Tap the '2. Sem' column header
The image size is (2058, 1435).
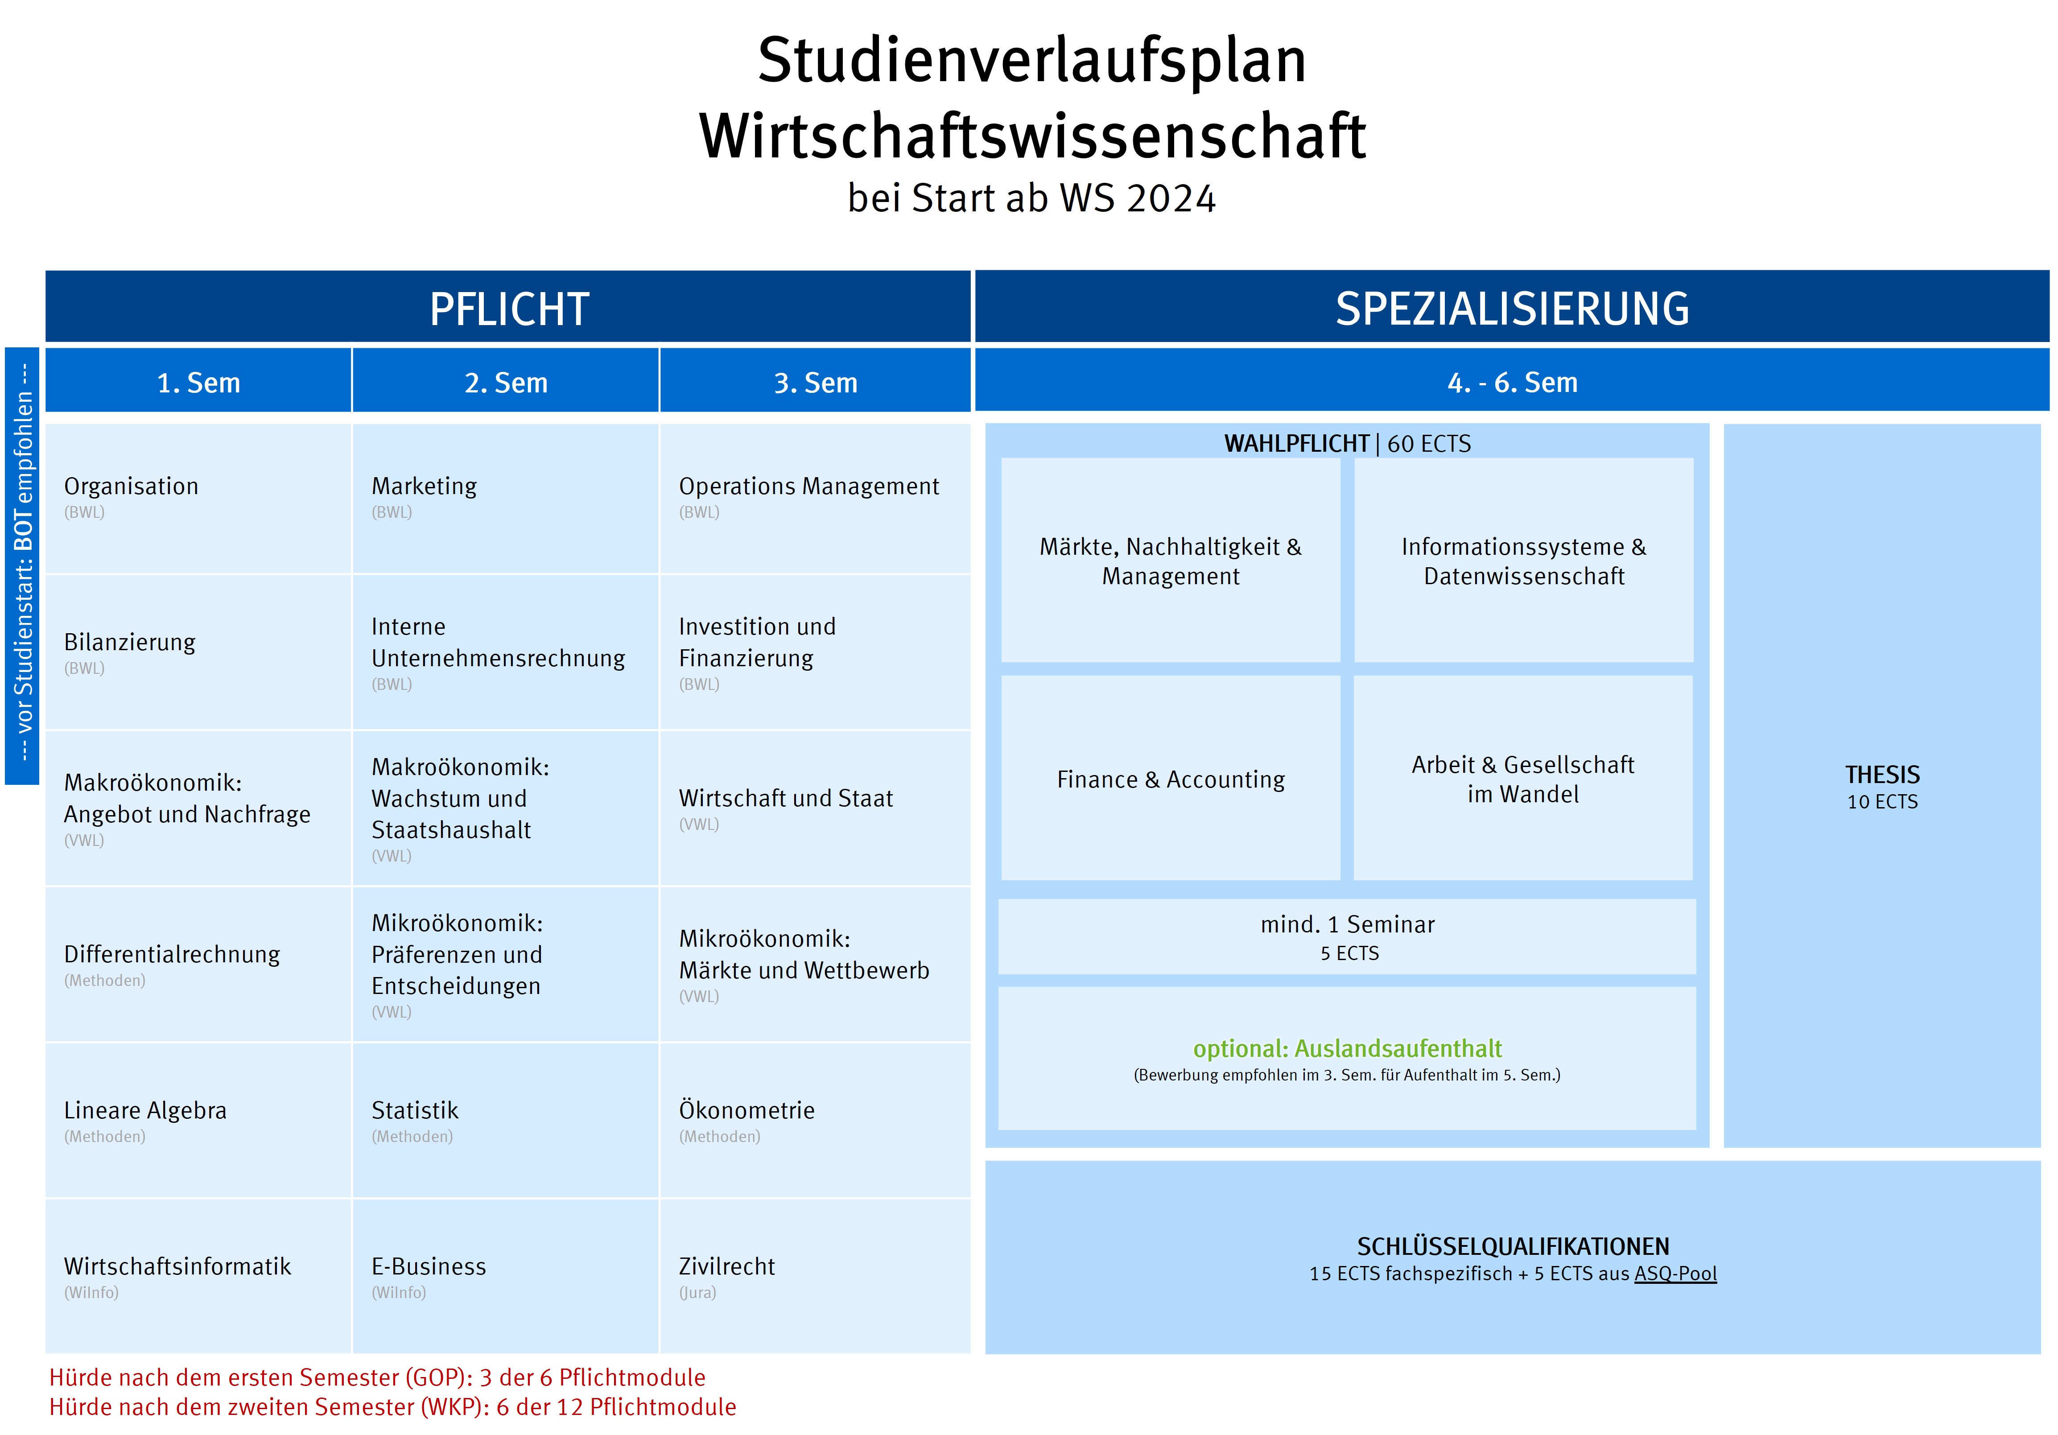pos(506,383)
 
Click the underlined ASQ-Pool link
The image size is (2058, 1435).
pos(1675,1274)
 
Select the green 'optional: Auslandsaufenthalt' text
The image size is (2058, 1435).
pos(1347,1049)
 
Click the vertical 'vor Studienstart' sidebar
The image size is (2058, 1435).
pos(22,565)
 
